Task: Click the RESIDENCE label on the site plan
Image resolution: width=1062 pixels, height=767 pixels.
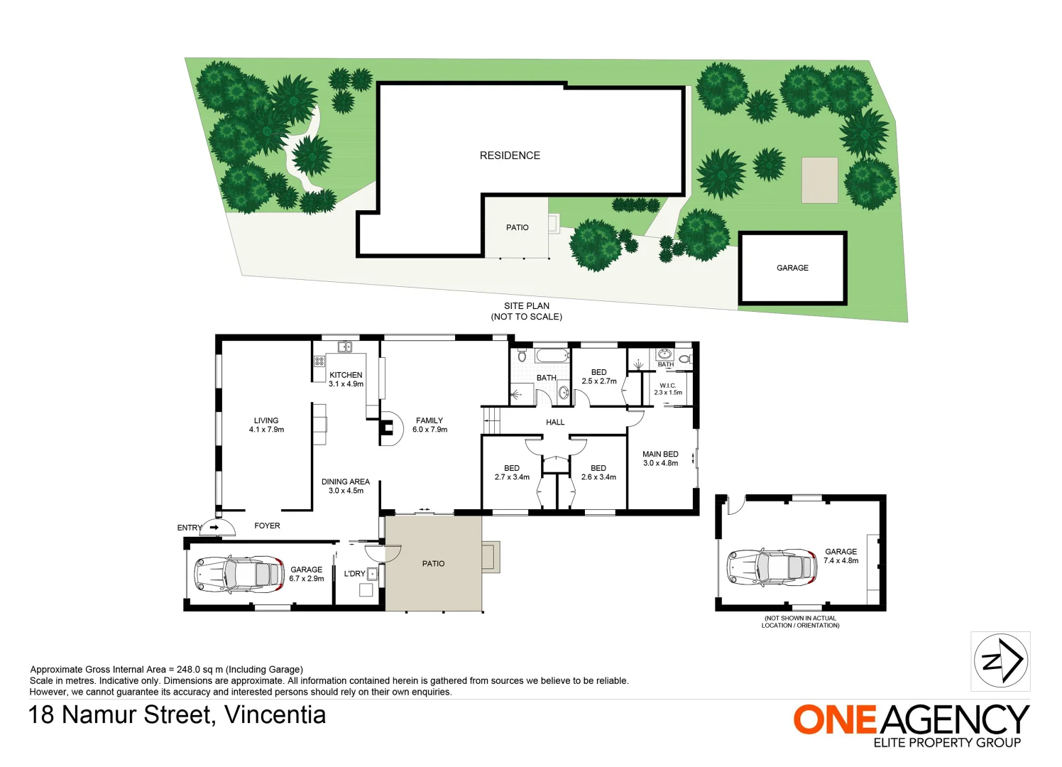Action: pos(510,156)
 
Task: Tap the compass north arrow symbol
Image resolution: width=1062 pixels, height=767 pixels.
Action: pos(1000,661)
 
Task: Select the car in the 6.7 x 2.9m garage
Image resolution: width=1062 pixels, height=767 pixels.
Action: pos(239,575)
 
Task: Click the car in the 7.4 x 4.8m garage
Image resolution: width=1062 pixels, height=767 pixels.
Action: pos(771,568)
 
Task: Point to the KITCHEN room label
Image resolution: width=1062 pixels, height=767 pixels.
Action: pos(346,375)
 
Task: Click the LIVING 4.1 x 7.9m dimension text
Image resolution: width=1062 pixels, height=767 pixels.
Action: pos(266,430)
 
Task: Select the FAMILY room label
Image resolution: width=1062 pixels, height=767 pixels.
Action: pos(429,420)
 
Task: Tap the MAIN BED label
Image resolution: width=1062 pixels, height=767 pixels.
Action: pos(660,454)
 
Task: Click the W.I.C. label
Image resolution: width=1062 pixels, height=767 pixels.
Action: pos(667,386)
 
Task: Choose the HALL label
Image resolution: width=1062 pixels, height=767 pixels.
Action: pos(555,422)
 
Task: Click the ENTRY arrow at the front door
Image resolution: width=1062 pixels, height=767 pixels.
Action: pos(214,528)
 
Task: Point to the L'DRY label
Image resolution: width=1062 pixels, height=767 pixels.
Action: pos(354,574)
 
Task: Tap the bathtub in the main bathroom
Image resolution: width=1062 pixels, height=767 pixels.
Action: pos(551,355)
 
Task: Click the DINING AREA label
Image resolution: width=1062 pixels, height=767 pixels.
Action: pos(345,482)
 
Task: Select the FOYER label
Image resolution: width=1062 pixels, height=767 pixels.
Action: pos(267,526)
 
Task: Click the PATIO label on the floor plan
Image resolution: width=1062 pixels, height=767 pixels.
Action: pos(433,563)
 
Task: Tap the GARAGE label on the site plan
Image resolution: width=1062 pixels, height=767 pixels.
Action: pos(792,268)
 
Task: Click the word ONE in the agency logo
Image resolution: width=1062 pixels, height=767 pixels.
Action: pos(835,720)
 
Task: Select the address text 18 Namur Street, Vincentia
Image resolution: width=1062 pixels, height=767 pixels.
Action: pos(177,714)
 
